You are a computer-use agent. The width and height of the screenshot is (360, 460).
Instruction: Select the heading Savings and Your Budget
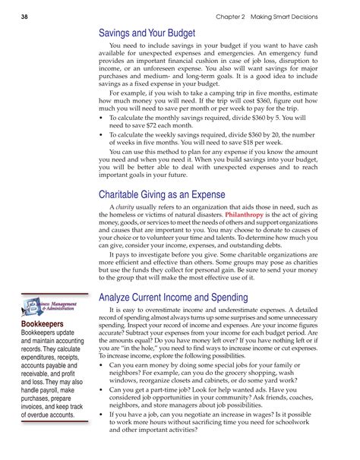click(147, 33)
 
